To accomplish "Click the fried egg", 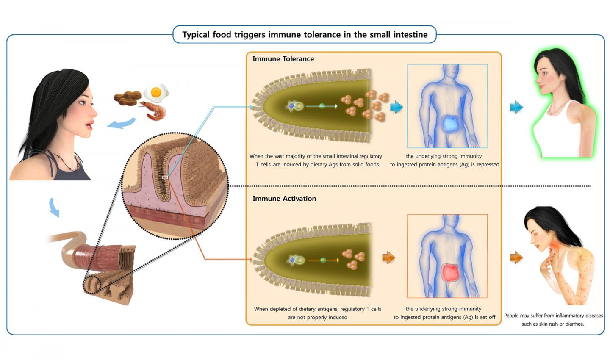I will tap(156, 92).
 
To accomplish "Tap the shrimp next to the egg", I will tap(154, 111).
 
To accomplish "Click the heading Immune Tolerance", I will tap(283, 59).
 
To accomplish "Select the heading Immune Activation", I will tap(284, 199).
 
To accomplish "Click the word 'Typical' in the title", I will tap(196, 35).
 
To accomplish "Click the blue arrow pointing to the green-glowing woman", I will tap(516, 107).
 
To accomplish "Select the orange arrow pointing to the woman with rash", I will tap(516, 258).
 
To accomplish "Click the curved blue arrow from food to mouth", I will tap(122, 124).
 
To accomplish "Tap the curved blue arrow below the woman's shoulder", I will tap(54, 207).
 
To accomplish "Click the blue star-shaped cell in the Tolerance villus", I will tap(291, 106).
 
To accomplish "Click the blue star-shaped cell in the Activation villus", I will tap(292, 260).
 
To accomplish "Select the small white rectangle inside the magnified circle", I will tap(165, 177).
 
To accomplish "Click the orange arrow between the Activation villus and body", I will tap(388, 258).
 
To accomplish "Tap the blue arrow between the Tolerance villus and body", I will tap(396, 107).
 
